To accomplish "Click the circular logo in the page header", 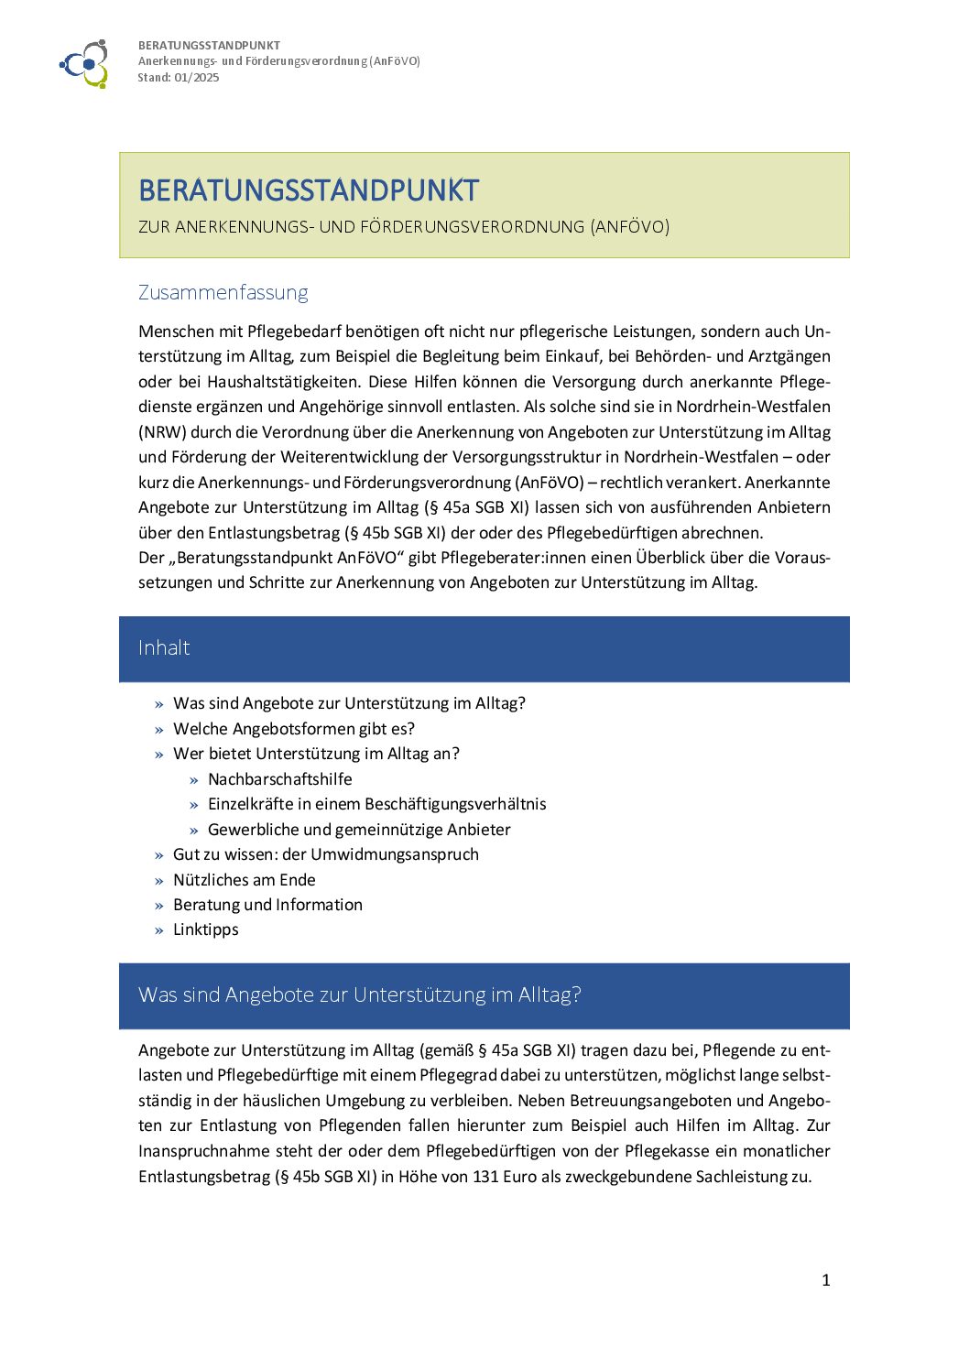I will click(85, 63).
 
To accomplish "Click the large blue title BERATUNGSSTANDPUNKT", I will click(309, 190).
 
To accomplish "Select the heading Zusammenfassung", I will click(223, 292).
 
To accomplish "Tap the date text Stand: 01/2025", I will click(179, 78).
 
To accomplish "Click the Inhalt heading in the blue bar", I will click(164, 648).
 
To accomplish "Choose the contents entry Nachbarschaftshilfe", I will click(279, 779).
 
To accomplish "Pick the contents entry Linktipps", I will click(205, 929).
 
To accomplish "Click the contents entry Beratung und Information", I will click(267, 905).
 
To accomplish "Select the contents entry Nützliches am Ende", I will click(244, 880).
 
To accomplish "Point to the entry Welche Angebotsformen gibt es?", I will click(293, 729).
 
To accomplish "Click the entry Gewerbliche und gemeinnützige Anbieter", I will click(359, 830).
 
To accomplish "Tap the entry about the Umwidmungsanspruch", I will click(325, 854).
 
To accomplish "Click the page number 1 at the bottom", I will click(826, 1280).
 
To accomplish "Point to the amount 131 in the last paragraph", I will click(485, 1177).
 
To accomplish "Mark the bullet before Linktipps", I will click(159, 930).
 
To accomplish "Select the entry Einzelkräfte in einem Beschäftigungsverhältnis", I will click(376, 804).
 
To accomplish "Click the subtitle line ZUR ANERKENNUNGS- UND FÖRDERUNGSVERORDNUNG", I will click(404, 227).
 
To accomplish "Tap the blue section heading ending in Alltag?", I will click(359, 995).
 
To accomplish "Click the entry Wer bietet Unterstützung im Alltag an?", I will click(316, 754).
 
